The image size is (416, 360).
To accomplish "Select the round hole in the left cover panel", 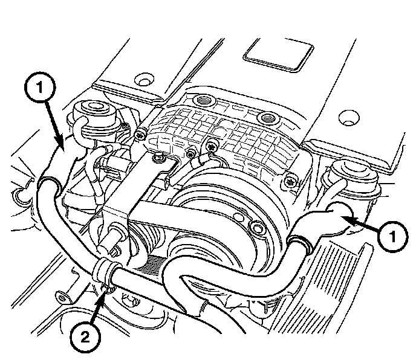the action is [143, 81].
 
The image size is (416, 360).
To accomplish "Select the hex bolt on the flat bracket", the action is [158, 159].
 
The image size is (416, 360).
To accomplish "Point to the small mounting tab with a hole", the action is [62, 296].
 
